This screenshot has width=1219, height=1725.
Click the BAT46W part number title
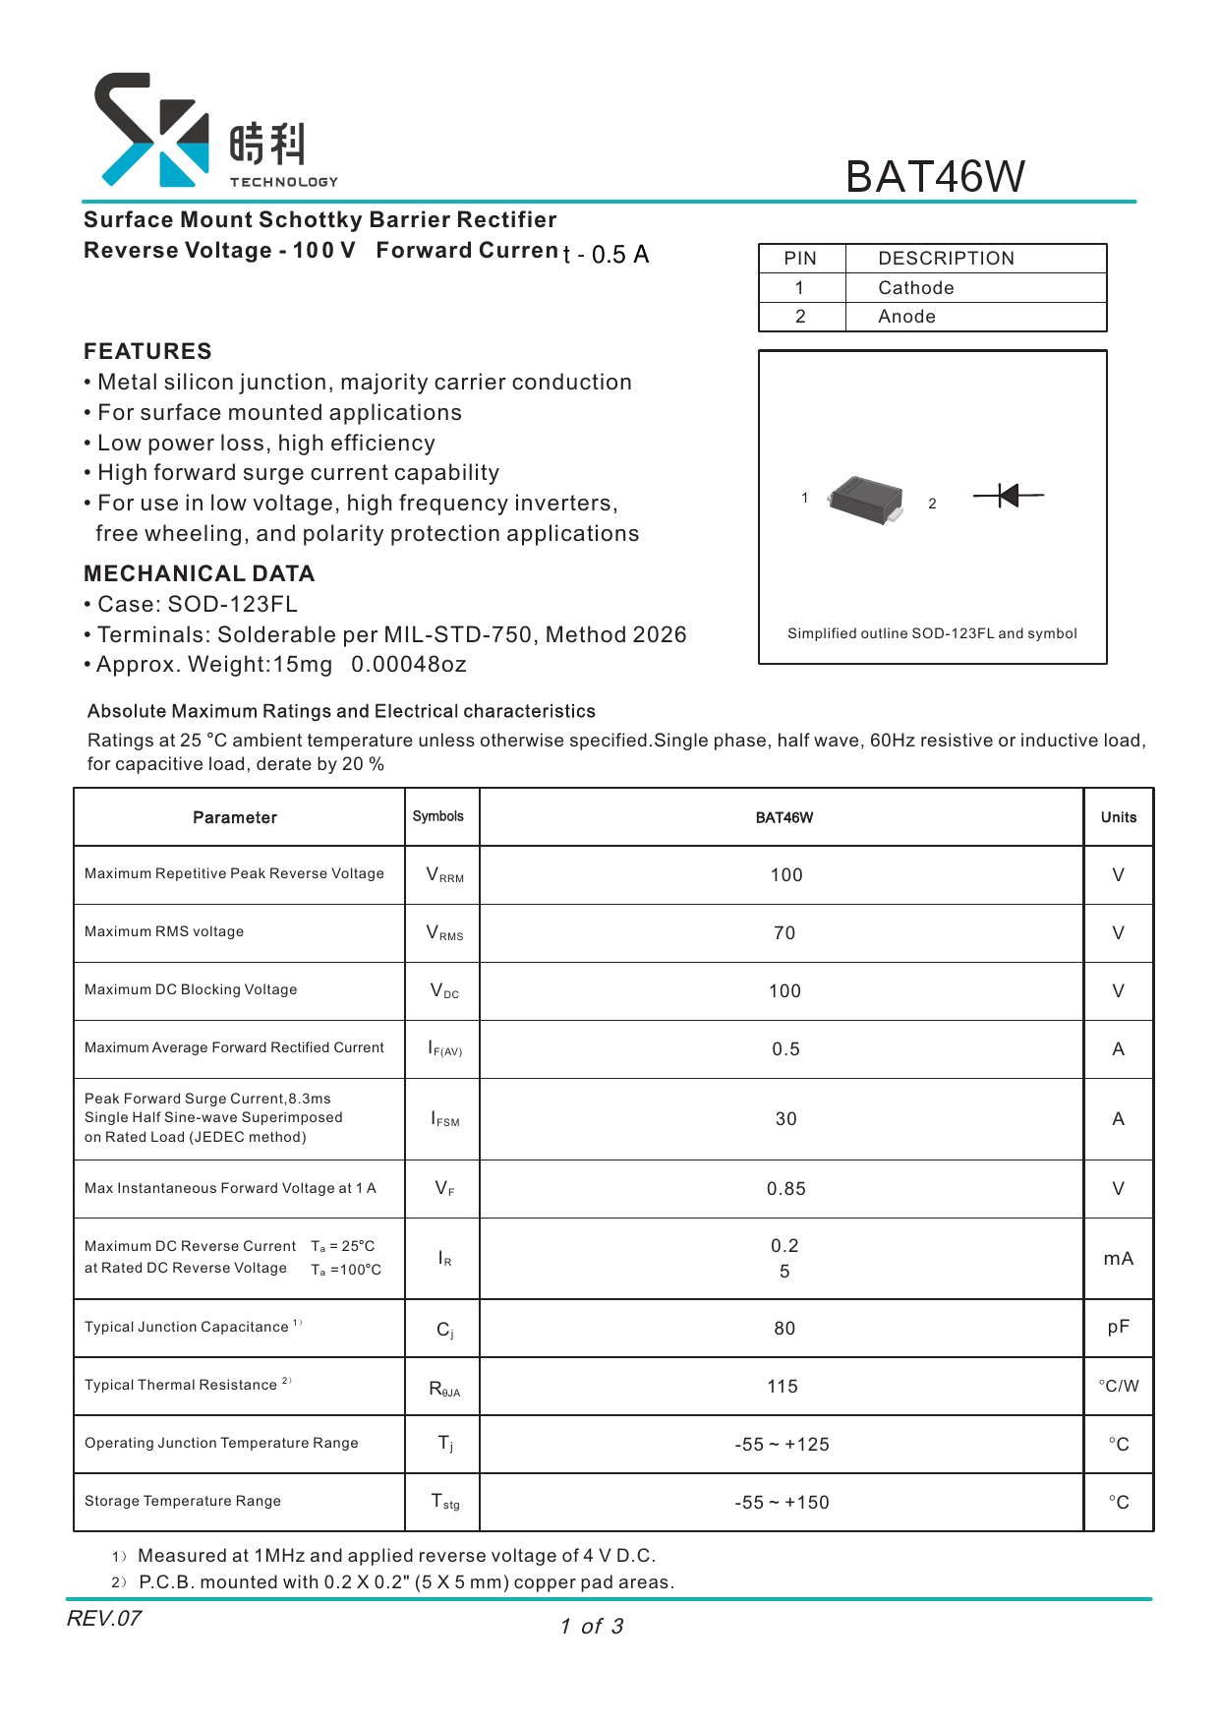tap(934, 177)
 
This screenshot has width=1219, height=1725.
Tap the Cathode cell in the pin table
tap(915, 288)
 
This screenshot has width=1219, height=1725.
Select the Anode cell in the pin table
tap(906, 317)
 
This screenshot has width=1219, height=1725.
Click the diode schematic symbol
tap(1008, 496)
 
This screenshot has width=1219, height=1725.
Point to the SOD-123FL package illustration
tap(865, 500)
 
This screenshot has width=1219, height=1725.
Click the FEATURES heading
tap(147, 351)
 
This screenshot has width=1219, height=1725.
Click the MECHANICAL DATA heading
tap(199, 573)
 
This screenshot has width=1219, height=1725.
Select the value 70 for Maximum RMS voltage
tap(784, 933)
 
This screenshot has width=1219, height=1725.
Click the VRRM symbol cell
tap(443, 875)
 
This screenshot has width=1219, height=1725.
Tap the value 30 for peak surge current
tap(784, 1119)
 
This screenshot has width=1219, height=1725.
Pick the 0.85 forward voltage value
tap(784, 1189)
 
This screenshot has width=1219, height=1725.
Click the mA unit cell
tap(1118, 1259)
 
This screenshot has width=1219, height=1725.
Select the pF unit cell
tap(1118, 1328)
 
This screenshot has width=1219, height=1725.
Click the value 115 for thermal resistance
tap(783, 1387)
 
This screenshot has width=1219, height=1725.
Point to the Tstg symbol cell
tap(444, 1502)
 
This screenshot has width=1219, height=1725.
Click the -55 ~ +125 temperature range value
tap(782, 1445)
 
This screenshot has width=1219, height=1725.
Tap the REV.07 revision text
tap(104, 1618)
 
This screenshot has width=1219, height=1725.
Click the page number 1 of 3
tap(592, 1627)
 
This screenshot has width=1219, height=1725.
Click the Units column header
tap(1118, 817)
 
